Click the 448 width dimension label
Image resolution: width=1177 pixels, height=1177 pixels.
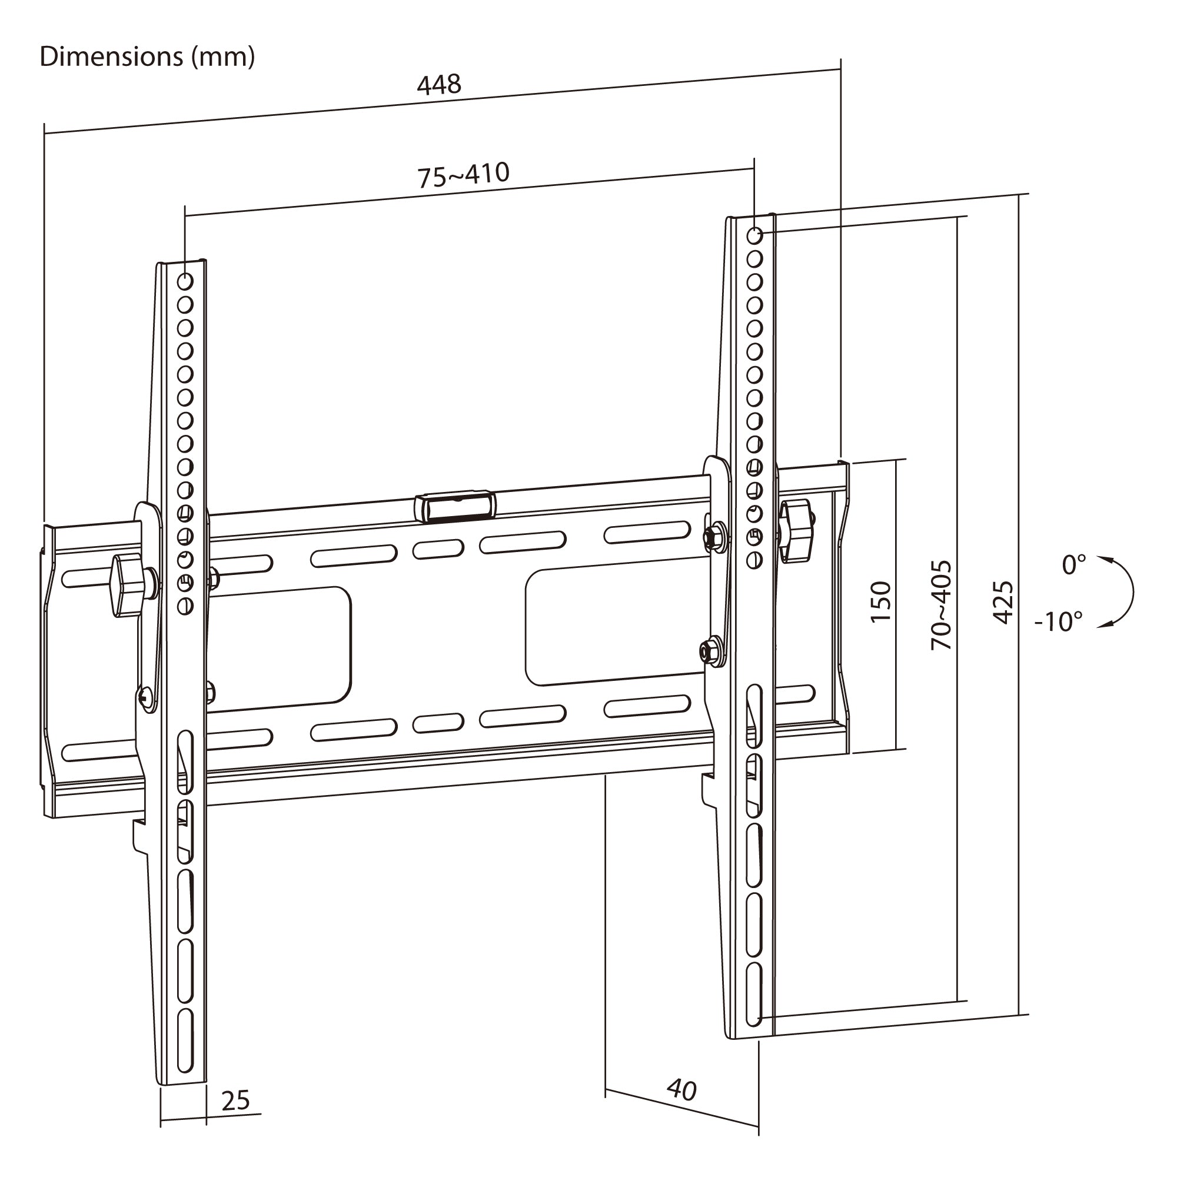pyautogui.click(x=439, y=84)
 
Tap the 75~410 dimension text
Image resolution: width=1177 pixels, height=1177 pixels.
pyautogui.click(x=464, y=175)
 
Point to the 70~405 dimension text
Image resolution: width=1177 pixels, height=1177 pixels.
pyautogui.click(x=942, y=605)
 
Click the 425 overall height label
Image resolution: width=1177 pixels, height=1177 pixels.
pyautogui.click(x=1003, y=603)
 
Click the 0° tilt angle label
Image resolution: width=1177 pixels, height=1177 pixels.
pyautogui.click(x=1074, y=565)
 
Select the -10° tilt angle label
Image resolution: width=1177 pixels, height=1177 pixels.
pyautogui.click(x=1059, y=621)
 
